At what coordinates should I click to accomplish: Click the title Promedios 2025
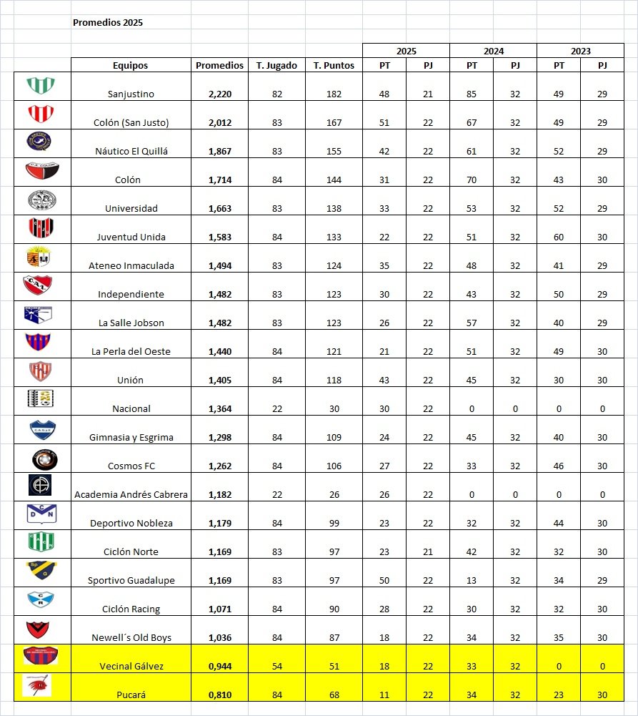(x=108, y=22)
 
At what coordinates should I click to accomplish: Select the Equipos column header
(x=130, y=65)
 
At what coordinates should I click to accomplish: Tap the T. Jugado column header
(x=276, y=65)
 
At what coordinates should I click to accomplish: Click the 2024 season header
(x=493, y=51)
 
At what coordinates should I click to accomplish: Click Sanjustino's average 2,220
(x=220, y=94)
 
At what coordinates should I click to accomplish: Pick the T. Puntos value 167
(x=334, y=122)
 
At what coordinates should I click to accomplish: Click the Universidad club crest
(x=41, y=200)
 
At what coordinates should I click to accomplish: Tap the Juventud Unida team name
(x=131, y=237)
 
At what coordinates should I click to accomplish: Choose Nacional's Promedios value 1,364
(x=220, y=408)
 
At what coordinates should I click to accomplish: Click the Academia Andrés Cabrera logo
(x=41, y=485)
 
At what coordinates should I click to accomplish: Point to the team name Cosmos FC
(x=131, y=466)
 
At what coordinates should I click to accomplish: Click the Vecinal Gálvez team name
(x=131, y=666)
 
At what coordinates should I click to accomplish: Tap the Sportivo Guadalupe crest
(x=41, y=571)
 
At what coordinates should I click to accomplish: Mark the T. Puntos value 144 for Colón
(x=334, y=180)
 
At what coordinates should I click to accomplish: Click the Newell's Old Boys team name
(x=131, y=637)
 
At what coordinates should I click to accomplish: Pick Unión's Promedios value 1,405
(x=220, y=380)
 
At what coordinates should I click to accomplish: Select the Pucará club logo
(x=41, y=687)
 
